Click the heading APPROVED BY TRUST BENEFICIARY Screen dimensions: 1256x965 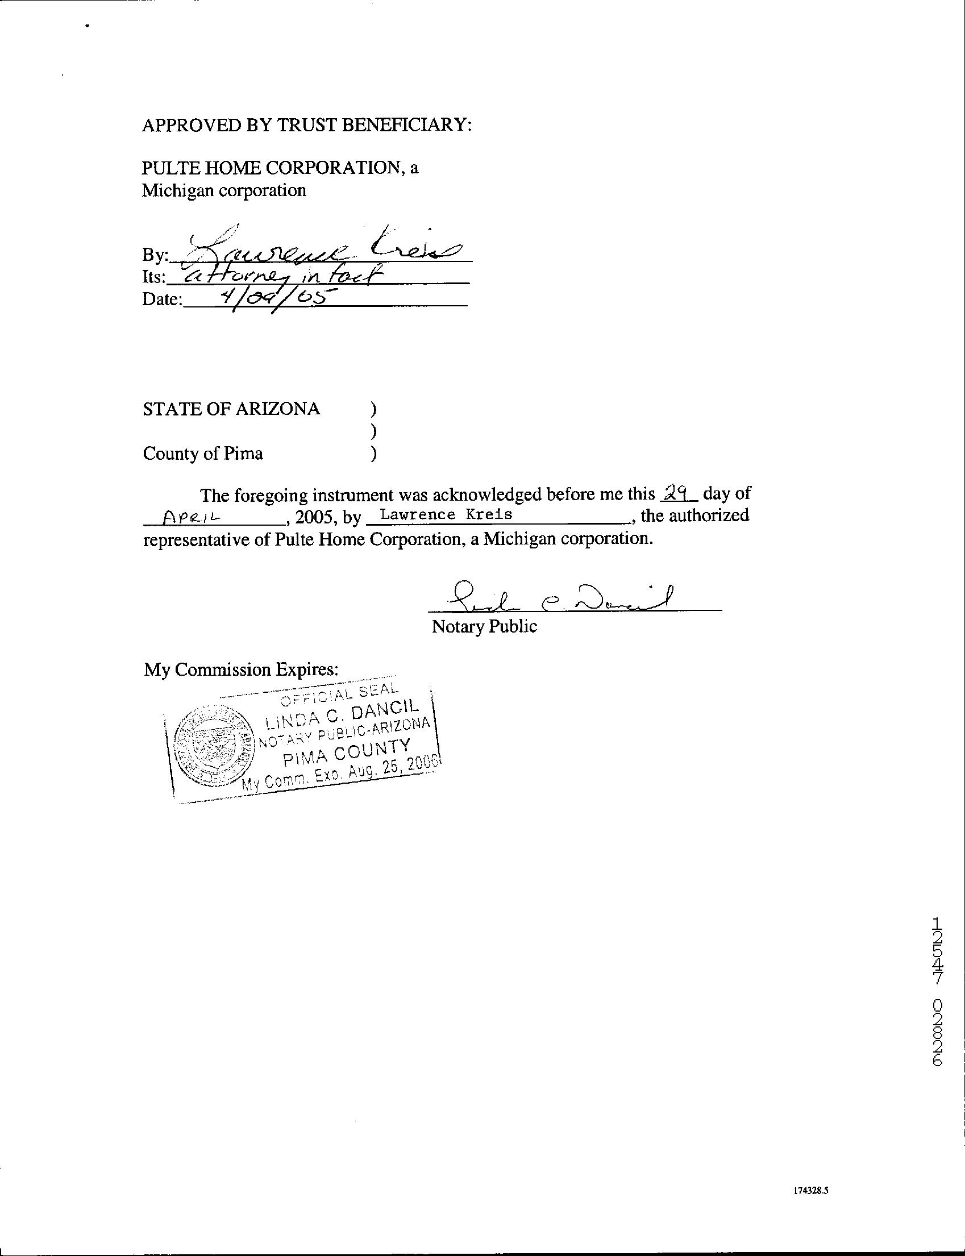pos(307,125)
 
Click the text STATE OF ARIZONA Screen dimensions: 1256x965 pos(231,409)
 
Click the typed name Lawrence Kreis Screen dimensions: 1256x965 pos(446,514)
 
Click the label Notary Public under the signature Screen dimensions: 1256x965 pos(484,626)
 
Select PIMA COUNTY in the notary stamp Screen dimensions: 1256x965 pos(347,754)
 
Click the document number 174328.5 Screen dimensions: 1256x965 pos(810,1191)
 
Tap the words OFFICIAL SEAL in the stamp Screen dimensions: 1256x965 pos(338,694)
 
